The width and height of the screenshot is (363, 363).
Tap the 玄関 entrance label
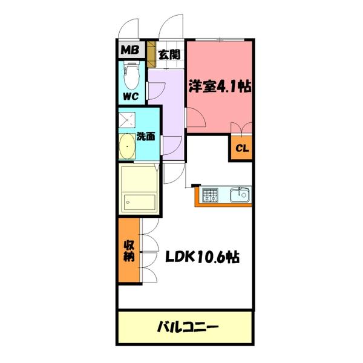[x=168, y=54]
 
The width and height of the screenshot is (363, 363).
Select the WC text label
[x=132, y=96]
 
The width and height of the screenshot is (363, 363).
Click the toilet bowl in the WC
[x=131, y=76]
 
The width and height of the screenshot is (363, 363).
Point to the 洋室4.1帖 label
[x=219, y=86]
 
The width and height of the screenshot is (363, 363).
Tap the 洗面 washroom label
[x=146, y=136]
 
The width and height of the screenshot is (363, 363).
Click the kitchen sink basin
[x=240, y=195]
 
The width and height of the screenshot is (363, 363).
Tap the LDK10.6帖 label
[x=203, y=257]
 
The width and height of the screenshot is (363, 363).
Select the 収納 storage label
[x=129, y=250]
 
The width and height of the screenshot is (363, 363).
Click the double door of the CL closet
[x=241, y=128]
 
